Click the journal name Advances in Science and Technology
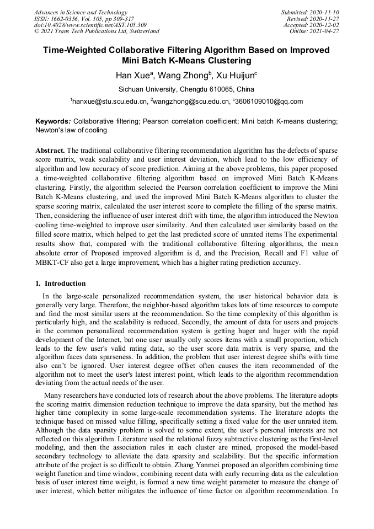point(81,12)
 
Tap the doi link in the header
point(90,25)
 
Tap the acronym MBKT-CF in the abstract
point(54,263)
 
